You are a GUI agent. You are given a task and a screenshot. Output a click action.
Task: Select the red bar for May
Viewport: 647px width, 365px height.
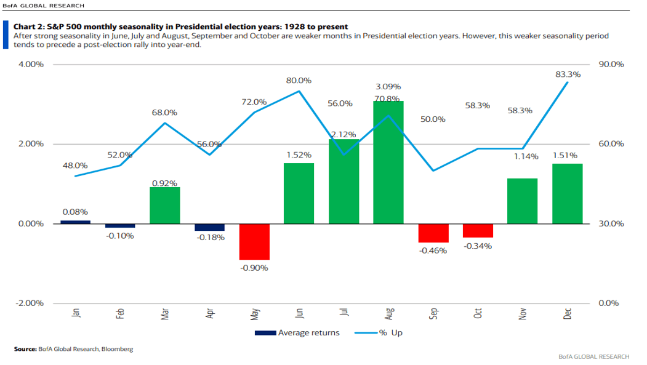click(x=254, y=242)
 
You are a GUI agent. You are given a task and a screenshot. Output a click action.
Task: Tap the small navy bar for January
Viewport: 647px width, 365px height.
click(x=75, y=222)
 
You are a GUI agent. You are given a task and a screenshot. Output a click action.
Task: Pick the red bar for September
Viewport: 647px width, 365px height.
click(x=433, y=233)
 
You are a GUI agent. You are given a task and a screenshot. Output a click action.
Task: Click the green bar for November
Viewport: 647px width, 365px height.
click(x=522, y=201)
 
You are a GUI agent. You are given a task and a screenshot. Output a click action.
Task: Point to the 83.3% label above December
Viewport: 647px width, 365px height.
click(x=568, y=74)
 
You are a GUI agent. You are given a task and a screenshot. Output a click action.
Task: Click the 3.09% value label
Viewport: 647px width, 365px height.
click(x=388, y=87)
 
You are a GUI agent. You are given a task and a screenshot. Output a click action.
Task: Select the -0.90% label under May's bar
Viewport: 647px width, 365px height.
click(x=254, y=268)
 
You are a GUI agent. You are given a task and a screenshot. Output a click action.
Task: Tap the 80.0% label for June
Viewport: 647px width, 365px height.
click(x=299, y=81)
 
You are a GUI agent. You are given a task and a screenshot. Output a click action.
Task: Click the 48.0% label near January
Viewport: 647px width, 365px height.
click(x=75, y=166)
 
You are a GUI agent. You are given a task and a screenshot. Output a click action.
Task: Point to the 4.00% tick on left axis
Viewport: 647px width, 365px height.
click(x=31, y=65)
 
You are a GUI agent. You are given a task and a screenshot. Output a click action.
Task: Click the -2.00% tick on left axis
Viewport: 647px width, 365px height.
click(x=30, y=303)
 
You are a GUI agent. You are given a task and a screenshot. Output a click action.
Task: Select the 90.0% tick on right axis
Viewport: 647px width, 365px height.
click(x=611, y=65)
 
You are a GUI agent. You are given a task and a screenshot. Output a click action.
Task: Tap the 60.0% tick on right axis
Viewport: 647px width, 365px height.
click(x=611, y=144)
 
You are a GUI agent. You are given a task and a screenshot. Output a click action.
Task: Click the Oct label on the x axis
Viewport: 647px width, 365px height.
click(x=478, y=313)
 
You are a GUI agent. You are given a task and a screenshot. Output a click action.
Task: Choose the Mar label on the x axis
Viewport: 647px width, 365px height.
click(x=165, y=313)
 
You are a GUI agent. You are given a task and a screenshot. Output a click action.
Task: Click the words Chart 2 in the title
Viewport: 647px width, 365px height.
click(x=30, y=26)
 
